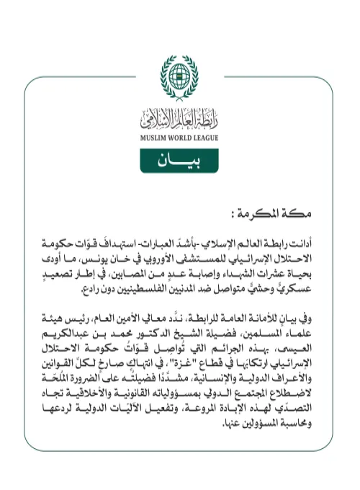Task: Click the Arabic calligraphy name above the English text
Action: pyautogui.click(x=179, y=117)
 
